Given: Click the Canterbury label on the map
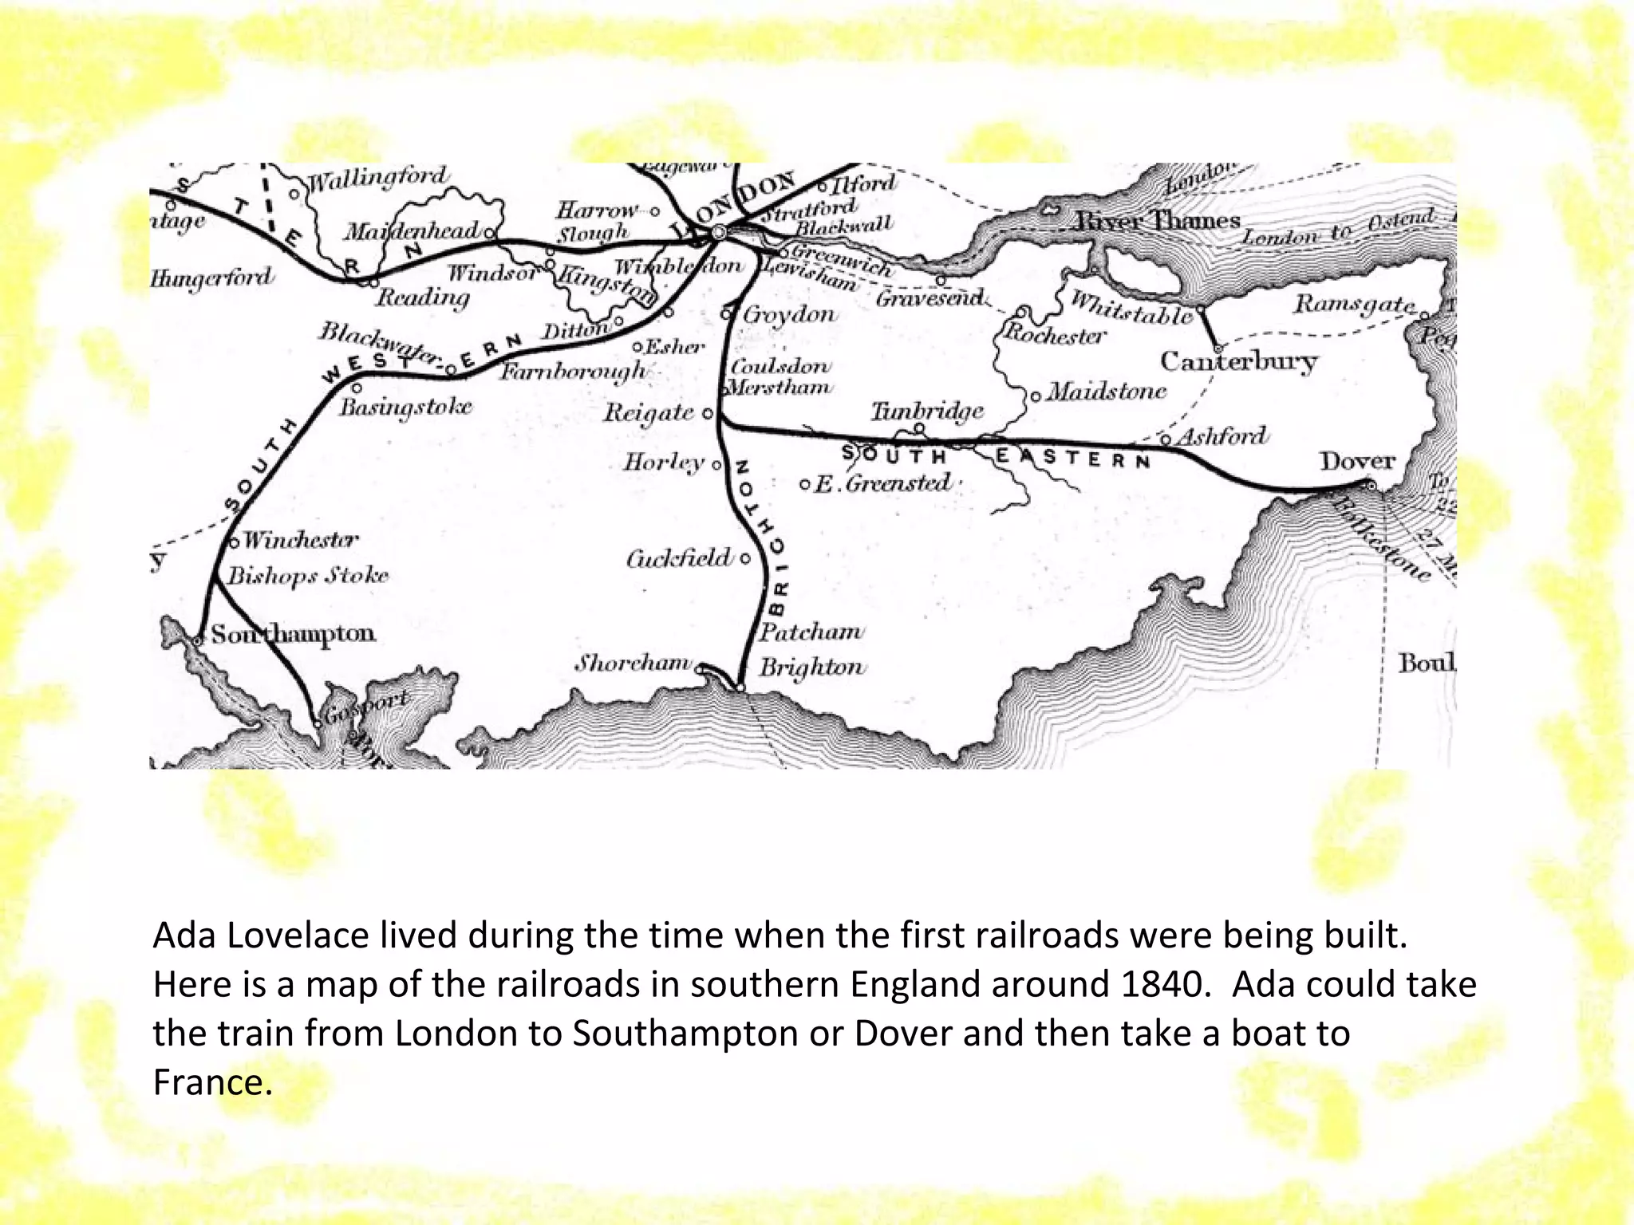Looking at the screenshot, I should [x=1238, y=362].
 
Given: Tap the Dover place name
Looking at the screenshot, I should [x=1357, y=462].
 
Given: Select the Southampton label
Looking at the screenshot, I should [x=293, y=635].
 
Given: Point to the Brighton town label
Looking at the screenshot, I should [x=811, y=667].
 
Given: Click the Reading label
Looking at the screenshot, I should [x=423, y=298].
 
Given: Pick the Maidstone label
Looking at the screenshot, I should [x=1107, y=392].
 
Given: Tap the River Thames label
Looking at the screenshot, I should [x=1158, y=221].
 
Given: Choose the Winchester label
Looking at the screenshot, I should [x=301, y=541].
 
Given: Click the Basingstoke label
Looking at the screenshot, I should [x=405, y=408].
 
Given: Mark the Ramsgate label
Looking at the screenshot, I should [x=1355, y=305].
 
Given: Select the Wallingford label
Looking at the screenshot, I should [x=378, y=178].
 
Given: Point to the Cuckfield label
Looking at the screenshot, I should [x=678, y=558].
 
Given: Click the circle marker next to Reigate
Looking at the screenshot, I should [x=708, y=414].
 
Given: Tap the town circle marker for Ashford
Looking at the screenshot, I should [x=1166, y=439].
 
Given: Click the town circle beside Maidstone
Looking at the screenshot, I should [x=1036, y=396].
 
